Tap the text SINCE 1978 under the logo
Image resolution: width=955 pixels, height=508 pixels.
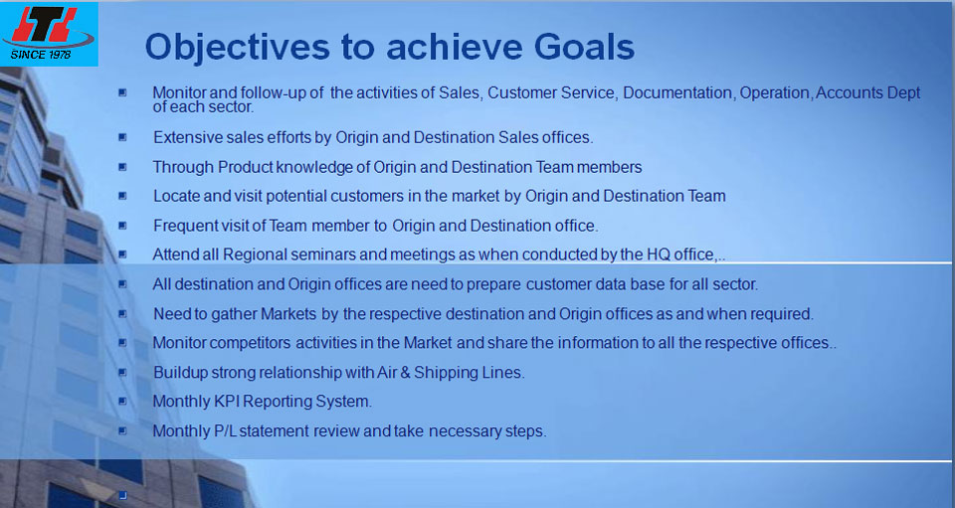(x=40, y=55)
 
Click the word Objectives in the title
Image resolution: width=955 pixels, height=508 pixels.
(x=238, y=47)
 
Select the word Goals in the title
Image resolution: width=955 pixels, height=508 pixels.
(x=584, y=47)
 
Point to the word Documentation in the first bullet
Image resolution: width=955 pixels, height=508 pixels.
(x=677, y=93)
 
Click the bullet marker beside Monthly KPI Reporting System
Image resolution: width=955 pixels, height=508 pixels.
(x=122, y=401)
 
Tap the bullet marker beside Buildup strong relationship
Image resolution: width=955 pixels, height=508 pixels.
(x=122, y=372)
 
